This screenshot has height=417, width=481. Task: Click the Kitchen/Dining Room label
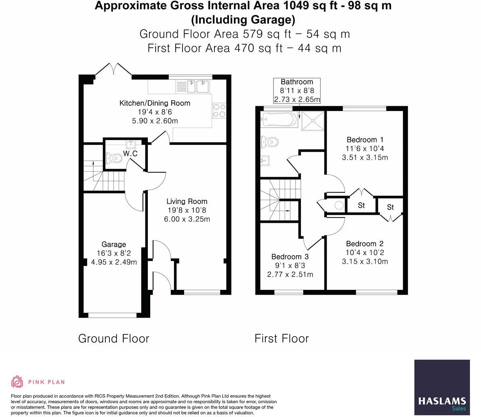(155, 103)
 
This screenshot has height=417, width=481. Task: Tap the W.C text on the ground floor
(130, 154)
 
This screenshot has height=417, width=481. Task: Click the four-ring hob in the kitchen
(219, 110)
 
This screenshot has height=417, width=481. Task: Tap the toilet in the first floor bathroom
(270, 142)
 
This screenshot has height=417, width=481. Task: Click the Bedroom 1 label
(365, 140)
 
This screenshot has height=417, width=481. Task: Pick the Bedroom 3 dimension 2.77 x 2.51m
(290, 275)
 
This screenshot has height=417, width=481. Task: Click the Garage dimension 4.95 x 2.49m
(114, 262)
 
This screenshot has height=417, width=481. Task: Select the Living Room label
(187, 201)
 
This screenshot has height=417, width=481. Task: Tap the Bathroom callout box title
(297, 82)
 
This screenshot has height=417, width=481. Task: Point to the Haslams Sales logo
(442, 387)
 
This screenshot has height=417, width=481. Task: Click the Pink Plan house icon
(17, 381)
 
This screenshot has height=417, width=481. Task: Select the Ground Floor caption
(113, 338)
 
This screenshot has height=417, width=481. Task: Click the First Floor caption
(281, 338)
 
